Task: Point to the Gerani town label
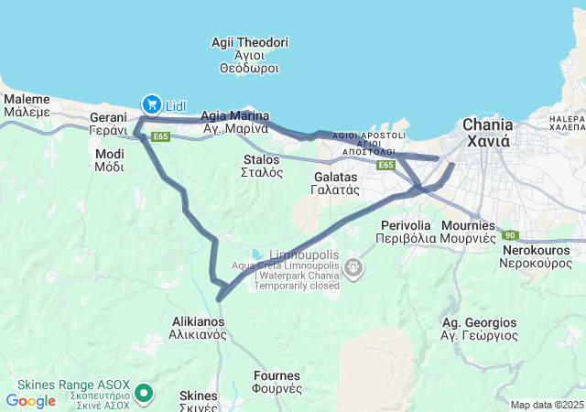click(x=107, y=125)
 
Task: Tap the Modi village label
click(x=110, y=160)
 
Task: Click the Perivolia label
click(x=403, y=231)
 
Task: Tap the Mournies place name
click(x=468, y=231)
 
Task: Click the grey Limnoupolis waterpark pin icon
click(x=353, y=268)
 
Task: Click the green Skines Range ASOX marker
click(x=143, y=394)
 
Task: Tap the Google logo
click(x=31, y=400)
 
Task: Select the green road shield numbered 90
click(x=509, y=236)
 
